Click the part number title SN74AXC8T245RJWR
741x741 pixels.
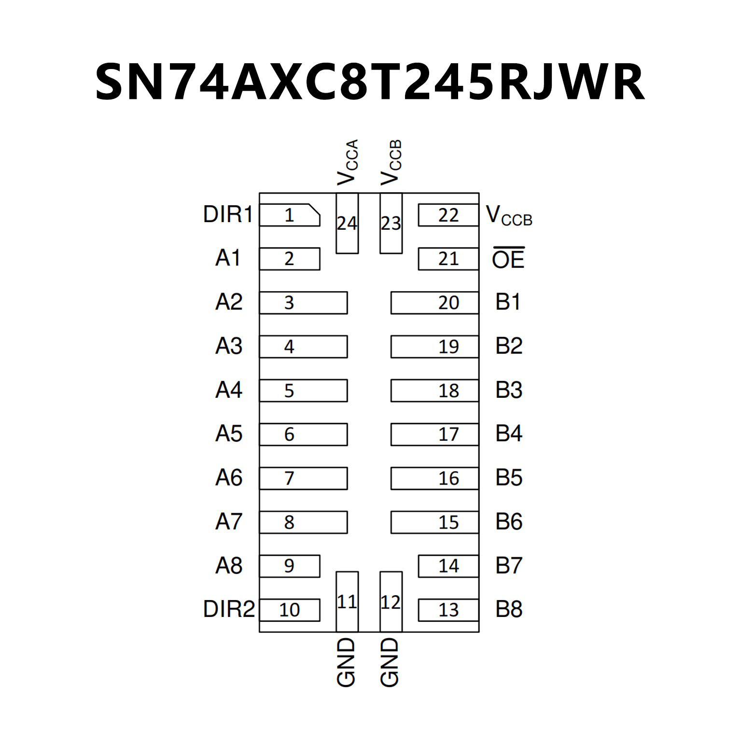click(370, 81)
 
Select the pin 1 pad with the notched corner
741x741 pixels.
click(289, 215)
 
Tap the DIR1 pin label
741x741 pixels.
click(228, 214)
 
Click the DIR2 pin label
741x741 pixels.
click(229, 609)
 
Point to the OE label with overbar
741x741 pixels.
click(508, 259)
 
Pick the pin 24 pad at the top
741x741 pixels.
click(347, 223)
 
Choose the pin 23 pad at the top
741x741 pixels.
click(391, 223)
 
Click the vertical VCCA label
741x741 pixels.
click(348, 162)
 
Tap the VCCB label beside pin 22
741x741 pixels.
click(509, 216)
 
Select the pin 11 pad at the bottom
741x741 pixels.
click(347, 601)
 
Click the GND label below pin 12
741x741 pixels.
click(390, 662)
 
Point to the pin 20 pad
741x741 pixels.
click(434, 303)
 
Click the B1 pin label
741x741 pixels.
click(508, 302)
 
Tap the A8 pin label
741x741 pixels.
click(229, 565)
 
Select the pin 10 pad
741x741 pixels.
click(290, 610)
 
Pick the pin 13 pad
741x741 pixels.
click(448, 610)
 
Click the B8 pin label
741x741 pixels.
click(509, 609)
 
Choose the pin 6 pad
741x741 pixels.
click(303, 434)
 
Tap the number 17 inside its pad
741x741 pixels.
click(448, 434)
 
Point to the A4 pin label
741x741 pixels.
click(229, 390)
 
